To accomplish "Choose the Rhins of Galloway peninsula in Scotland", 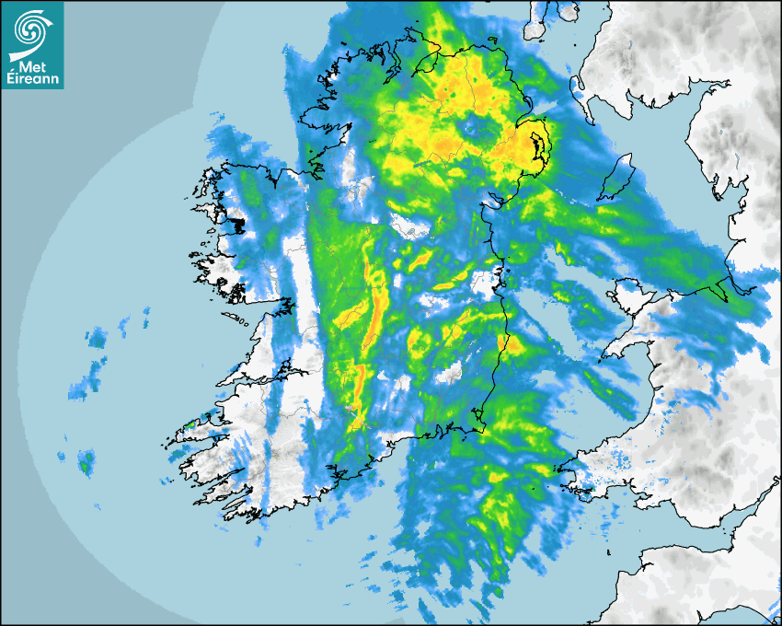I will coord(578,87).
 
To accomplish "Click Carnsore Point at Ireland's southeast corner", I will coord(480,427).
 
